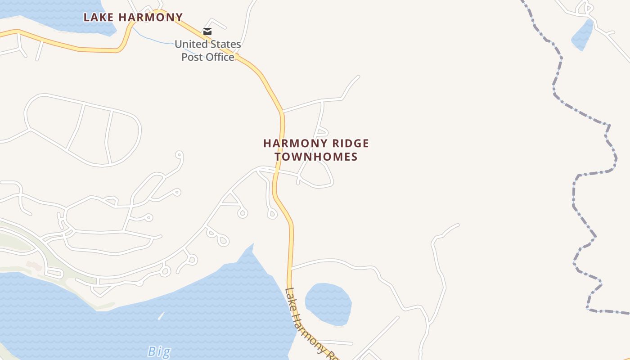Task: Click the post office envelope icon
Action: point(207,31)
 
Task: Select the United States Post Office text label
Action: point(208,50)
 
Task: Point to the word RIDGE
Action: point(349,144)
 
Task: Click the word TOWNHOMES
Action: point(316,157)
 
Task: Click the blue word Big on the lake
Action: point(159,351)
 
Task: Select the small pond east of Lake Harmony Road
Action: point(328,303)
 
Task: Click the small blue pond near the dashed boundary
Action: point(582,36)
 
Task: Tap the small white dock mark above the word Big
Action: point(161,316)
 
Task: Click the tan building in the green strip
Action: point(34,266)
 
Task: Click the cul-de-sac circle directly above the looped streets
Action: point(179,155)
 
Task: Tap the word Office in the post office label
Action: point(220,57)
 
